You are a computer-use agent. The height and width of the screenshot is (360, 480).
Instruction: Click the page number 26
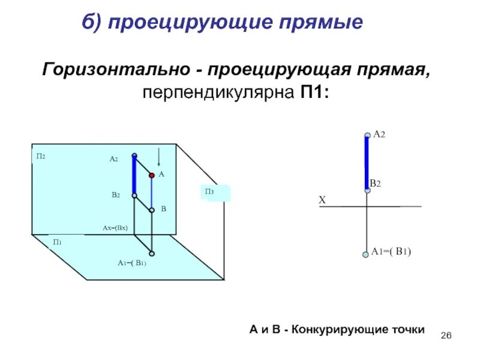pyautogui.click(x=446, y=334)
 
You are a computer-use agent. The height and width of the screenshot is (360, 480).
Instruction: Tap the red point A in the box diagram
pyautogui.click(x=152, y=175)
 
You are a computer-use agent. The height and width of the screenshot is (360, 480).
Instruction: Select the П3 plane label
pyautogui.click(x=209, y=191)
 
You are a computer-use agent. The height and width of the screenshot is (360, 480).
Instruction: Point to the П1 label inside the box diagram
pyautogui.click(x=58, y=242)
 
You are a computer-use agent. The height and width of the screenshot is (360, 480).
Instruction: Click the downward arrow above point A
pyautogui.click(x=158, y=157)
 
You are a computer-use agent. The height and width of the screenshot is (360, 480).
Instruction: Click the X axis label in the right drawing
pyautogui.click(x=322, y=201)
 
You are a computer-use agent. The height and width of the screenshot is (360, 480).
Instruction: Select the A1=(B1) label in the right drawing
pyautogui.click(x=391, y=252)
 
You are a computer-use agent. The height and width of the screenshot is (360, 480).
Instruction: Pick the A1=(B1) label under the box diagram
pyautogui.click(x=132, y=263)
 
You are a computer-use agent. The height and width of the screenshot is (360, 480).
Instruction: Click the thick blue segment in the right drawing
pyautogui.click(x=367, y=162)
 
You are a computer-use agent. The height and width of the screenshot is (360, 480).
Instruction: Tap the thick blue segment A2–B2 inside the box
pyautogui.click(x=134, y=175)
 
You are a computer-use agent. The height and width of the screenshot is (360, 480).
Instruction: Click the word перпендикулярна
pyautogui.click(x=215, y=94)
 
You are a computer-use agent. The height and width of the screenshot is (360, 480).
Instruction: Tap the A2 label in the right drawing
pyautogui.click(x=379, y=136)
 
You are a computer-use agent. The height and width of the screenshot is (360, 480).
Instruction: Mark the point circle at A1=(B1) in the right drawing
pyautogui.click(x=365, y=254)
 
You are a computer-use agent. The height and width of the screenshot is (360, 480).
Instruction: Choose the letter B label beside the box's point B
pyautogui.click(x=163, y=209)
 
